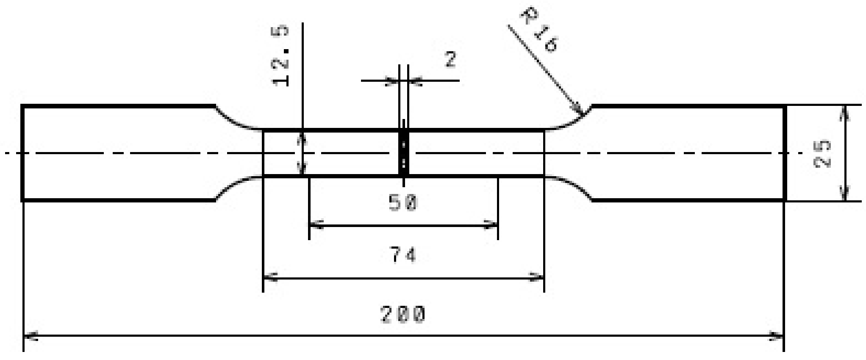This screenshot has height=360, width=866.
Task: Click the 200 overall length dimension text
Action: pos(402,315)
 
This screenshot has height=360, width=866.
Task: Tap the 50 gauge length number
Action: pos(403,202)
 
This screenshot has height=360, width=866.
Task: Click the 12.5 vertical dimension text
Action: pos(280,56)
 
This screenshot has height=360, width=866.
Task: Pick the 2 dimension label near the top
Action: pos(450,60)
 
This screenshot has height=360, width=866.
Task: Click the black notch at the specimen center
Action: pos(404,153)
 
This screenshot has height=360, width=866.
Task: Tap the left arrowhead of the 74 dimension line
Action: pos(270,278)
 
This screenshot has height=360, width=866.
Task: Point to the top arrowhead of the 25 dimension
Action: pos(845,113)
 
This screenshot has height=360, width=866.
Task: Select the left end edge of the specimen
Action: pos(22,153)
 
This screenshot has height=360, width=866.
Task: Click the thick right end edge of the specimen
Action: pos(785,153)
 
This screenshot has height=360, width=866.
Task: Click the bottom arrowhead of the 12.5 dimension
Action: pos(302,169)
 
